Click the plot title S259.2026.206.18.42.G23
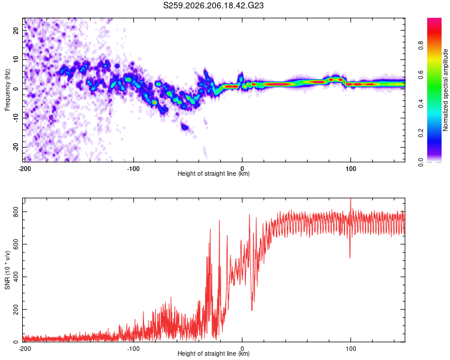click(213, 5)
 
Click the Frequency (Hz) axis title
click(7, 90)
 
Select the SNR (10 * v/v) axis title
click(7, 270)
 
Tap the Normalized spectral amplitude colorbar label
click(445, 90)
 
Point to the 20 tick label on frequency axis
click(16, 30)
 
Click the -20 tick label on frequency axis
click(16, 147)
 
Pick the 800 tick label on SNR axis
click(16, 212)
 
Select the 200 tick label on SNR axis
click(16, 309)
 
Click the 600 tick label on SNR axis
click(16, 244)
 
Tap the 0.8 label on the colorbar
click(421, 45)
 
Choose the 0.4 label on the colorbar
click(421, 103)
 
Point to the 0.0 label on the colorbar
click(421, 162)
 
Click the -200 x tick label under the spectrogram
click(25, 169)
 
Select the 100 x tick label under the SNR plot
click(350, 349)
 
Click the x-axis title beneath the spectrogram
click(214, 173)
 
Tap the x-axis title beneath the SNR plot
click(214, 353)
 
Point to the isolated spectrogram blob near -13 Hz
click(185, 127)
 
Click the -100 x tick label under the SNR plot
click(133, 349)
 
